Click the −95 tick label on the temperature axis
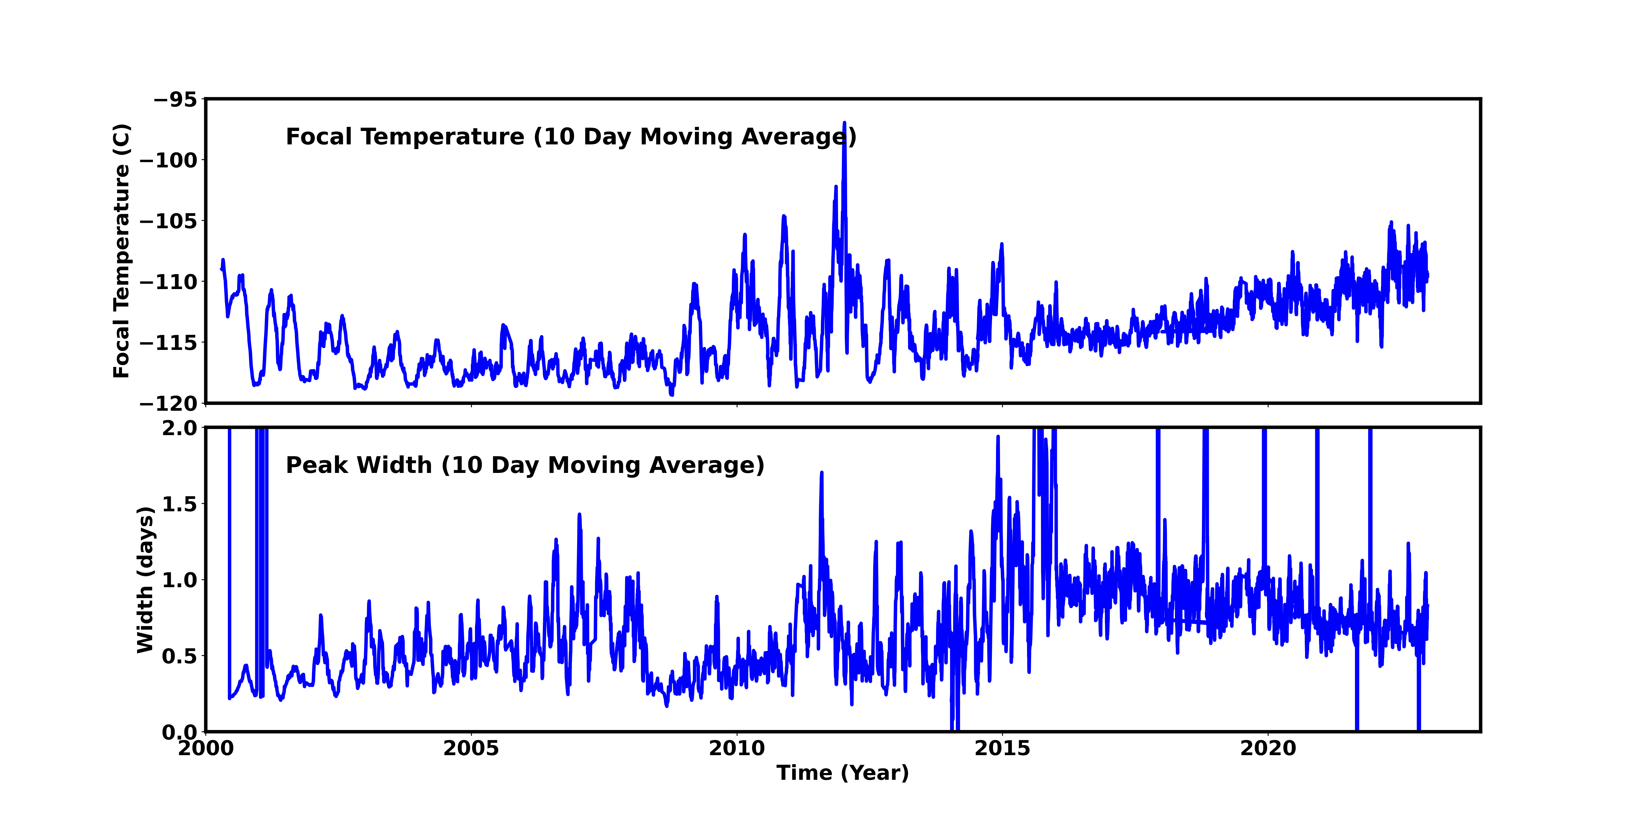(176, 100)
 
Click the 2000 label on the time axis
(206, 748)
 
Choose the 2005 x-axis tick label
(471, 748)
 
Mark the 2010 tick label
(737, 748)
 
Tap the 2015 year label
(1003, 748)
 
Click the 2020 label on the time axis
(1268, 748)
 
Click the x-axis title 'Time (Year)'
(842, 773)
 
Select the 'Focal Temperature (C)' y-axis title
(121, 251)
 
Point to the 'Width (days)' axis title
(146, 580)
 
